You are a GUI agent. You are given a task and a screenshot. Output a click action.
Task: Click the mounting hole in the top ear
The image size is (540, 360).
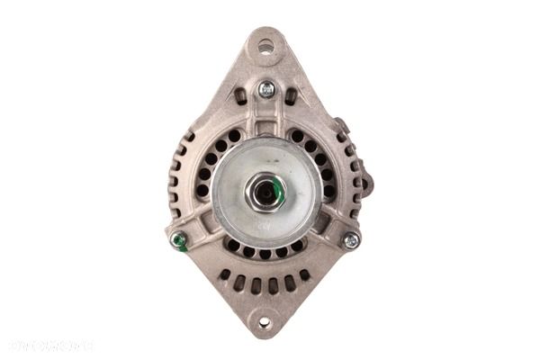point(265,46)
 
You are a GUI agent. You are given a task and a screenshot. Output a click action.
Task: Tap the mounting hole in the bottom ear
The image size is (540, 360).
point(265,321)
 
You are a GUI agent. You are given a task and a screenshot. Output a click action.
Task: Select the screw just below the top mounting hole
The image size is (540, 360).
point(266,89)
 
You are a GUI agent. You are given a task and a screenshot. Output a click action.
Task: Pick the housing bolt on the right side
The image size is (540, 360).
point(351,240)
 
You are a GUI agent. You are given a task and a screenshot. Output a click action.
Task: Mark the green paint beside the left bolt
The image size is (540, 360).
point(184,244)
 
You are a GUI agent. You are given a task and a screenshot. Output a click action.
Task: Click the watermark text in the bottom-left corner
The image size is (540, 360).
point(51,345)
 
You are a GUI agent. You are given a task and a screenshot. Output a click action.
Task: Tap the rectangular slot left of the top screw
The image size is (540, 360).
point(241,94)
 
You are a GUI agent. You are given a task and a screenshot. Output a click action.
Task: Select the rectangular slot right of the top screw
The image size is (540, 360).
point(291,94)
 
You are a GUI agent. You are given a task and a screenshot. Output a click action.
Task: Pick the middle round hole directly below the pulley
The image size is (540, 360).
point(265,254)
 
